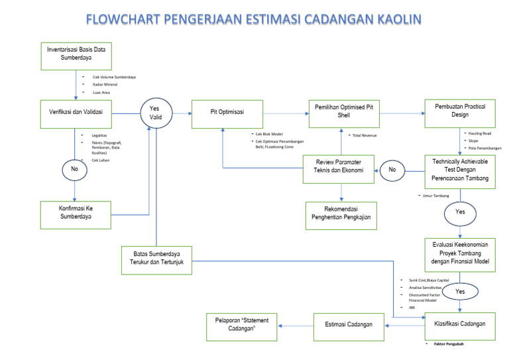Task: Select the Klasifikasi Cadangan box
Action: [460, 325]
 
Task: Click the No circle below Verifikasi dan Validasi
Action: [74, 170]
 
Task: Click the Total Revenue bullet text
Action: [365, 135]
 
